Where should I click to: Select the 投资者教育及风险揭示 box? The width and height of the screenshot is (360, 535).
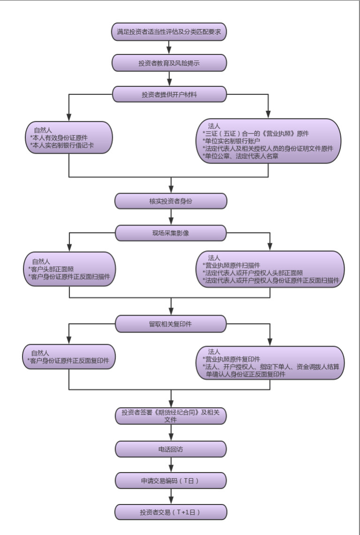coord(169,62)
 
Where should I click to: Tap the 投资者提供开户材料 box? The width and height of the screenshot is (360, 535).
coord(169,94)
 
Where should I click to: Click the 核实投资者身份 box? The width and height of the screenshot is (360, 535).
coord(171,201)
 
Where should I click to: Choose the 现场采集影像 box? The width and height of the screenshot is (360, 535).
coord(171,233)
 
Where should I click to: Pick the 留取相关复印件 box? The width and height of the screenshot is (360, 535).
coord(171,324)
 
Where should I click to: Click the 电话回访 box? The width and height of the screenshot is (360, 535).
coord(171,449)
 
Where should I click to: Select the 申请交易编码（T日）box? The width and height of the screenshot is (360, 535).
coord(171,481)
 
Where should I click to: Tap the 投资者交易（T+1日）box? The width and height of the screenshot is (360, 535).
coord(171,512)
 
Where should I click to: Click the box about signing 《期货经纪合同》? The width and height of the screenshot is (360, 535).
coord(171,416)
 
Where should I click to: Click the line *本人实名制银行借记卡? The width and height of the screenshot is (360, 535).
coord(61,146)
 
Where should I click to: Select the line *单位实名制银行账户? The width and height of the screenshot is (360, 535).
coord(231,141)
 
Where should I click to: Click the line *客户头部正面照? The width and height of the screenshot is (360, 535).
coord(51,269)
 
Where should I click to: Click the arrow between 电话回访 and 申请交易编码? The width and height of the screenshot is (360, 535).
coord(171,465)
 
